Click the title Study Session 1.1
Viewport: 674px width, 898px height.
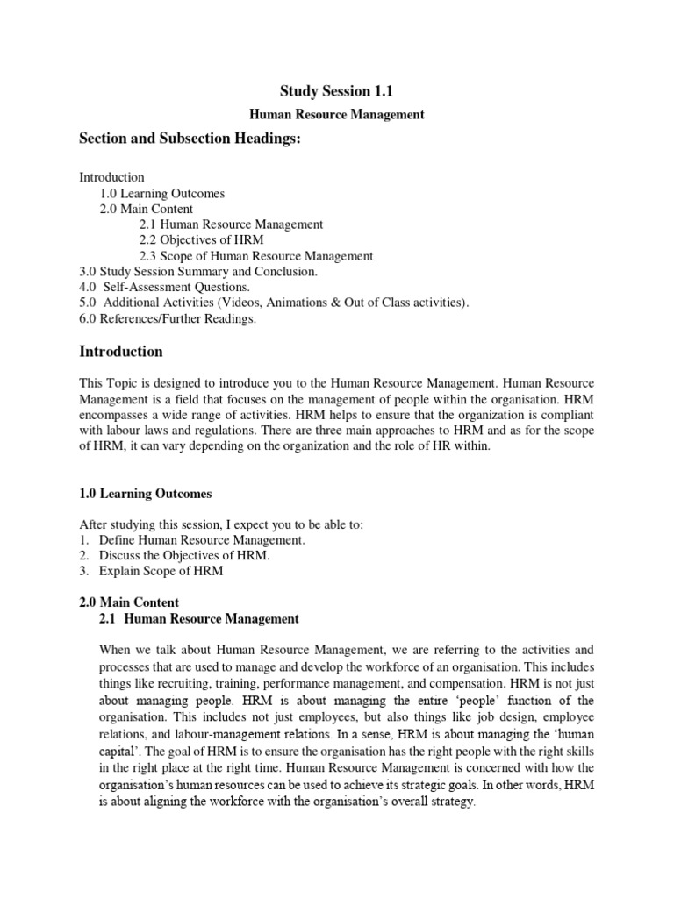[336, 89]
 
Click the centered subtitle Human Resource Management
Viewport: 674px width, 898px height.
[337, 114]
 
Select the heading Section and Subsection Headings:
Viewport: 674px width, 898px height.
[190, 142]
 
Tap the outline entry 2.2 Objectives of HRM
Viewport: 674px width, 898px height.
[201, 240]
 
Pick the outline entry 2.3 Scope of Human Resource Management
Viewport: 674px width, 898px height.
[256, 256]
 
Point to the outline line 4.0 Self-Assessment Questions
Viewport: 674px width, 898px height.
[165, 288]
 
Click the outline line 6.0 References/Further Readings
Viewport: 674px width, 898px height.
[168, 319]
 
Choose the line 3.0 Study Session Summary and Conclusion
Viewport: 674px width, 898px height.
[198, 272]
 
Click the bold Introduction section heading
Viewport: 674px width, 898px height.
[121, 352]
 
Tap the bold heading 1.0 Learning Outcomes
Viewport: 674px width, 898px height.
[146, 494]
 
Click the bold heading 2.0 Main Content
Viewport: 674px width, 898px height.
[129, 602]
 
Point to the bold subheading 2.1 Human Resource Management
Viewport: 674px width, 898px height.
[199, 619]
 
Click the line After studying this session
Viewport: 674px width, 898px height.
[221, 524]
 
